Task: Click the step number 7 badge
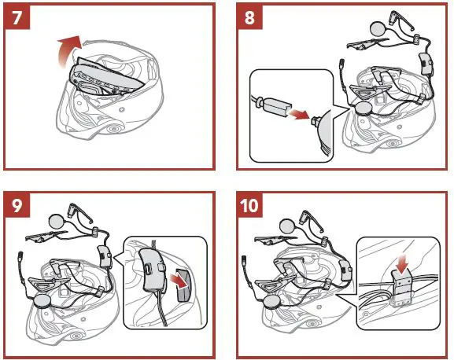click(19, 18)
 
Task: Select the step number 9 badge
click(19, 207)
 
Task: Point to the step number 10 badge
click(255, 207)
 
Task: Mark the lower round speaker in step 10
click(272, 301)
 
